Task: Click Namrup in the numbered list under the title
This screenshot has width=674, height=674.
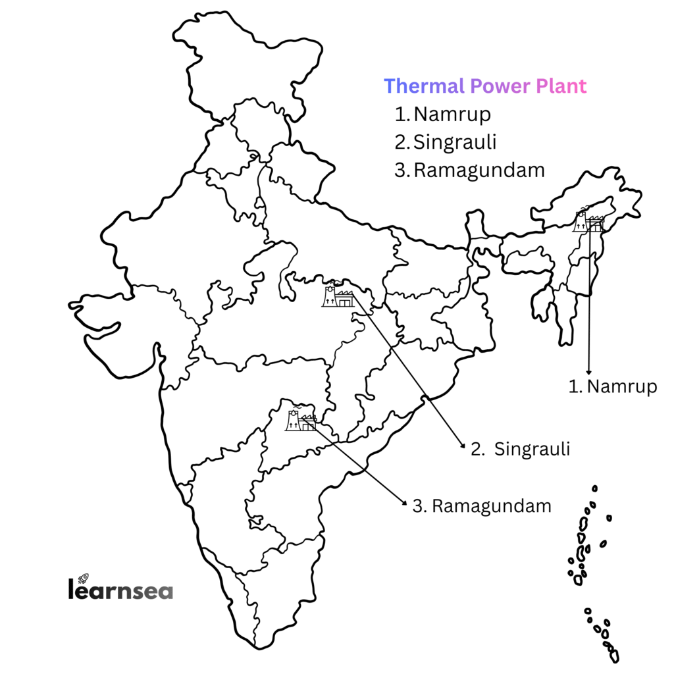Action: (453, 115)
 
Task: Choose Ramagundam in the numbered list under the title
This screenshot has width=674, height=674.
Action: (480, 170)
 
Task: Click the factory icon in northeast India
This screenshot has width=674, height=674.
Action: (589, 221)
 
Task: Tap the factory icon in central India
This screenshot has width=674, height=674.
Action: (338, 296)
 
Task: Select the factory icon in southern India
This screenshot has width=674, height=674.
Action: (301, 419)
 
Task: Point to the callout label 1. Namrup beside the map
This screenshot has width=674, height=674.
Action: (613, 386)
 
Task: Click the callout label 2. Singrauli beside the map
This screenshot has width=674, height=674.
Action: (520, 450)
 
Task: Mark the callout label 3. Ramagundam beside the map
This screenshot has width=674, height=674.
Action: (481, 506)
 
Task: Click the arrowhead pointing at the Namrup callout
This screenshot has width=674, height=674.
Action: (589, 373)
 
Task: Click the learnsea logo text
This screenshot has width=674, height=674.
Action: (120, 589)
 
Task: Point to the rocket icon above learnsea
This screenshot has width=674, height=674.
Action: (83, 578)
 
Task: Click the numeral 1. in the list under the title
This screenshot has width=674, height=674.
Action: (402, 115)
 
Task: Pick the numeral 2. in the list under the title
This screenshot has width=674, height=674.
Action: (402, 142)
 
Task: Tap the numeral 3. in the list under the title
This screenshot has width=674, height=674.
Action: (402, 170)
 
